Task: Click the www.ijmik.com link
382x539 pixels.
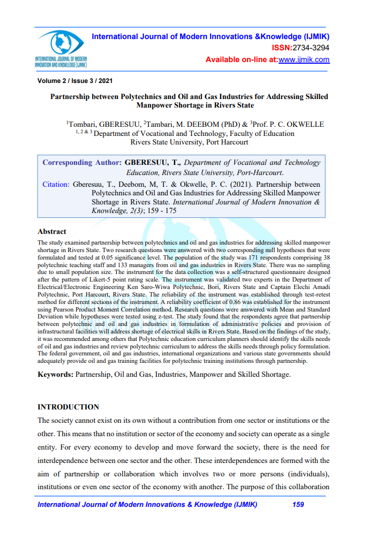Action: coord(304,59)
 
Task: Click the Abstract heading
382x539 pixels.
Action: coord(52,232)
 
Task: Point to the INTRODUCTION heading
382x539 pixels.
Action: coord(68,407)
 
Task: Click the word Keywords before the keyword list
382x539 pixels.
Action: coord(55,374)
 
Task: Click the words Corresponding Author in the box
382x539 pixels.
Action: coord(82,163)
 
